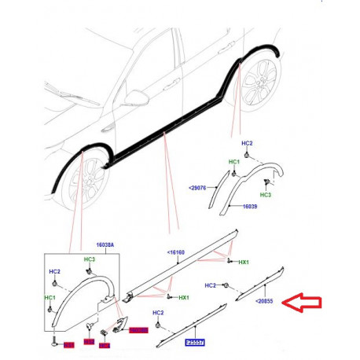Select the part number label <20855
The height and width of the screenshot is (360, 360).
(x=264, y=301)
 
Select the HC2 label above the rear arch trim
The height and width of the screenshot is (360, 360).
(x=247, y=144)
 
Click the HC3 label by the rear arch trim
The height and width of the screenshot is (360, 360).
(x=266, y=193)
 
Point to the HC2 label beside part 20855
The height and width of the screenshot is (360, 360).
(x=211, y=285)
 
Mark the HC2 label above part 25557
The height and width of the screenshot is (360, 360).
(x=158, y=313)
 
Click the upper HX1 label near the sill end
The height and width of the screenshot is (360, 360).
(x=244, y=262)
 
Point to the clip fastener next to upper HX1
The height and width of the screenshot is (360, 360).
(x=228, y=259)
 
